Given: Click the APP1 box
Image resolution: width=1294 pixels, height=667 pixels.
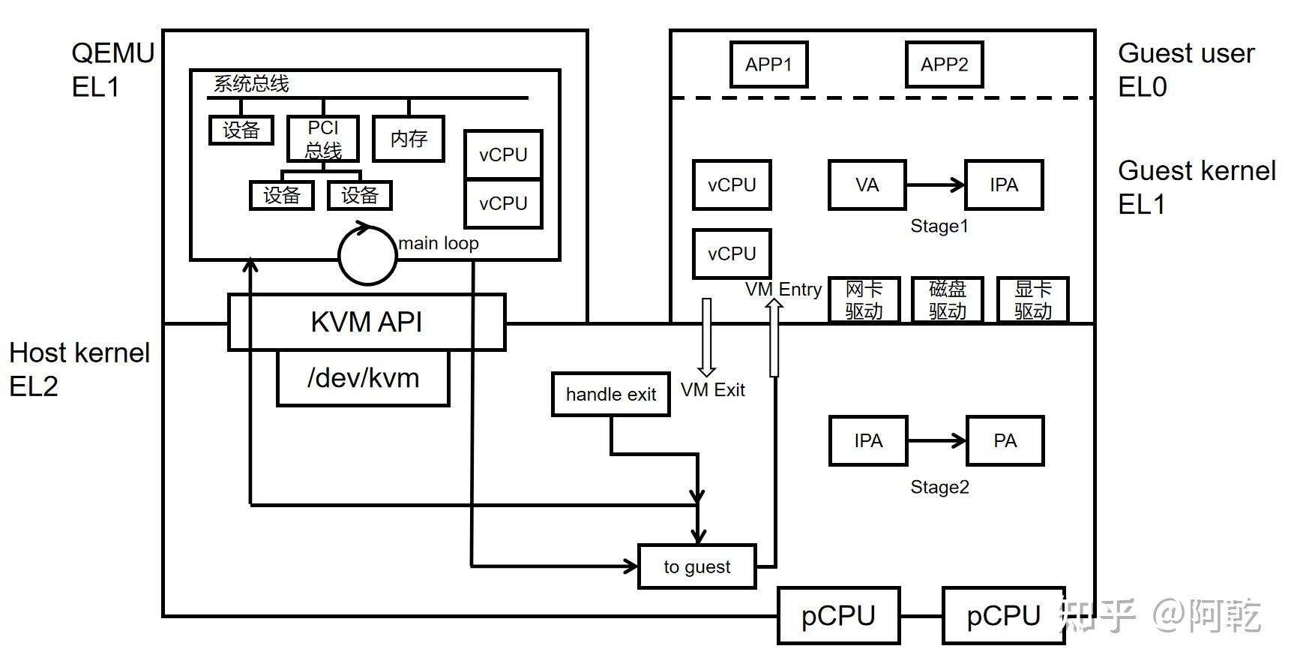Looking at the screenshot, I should [x=768, y=65].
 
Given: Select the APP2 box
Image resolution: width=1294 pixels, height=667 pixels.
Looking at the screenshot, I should [x=944, y=65].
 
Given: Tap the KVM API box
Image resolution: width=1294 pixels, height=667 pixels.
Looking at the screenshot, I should [x=366, y=322].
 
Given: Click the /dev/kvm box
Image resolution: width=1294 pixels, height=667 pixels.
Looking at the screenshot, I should [x=363, y=378].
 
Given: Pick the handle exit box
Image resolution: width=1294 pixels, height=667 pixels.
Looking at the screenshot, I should [x=610, y=394].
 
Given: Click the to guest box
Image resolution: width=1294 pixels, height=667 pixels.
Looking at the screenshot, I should [x=696, y=566].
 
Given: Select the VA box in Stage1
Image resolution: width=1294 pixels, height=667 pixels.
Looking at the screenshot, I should [x=867, y=185].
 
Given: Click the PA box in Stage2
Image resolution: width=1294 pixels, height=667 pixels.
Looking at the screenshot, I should [x=1005, y=440].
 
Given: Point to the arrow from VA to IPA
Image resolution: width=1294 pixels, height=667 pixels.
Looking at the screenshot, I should [x=935, y=185].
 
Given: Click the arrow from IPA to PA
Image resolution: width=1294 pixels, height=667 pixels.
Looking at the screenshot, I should [x=936, y=440].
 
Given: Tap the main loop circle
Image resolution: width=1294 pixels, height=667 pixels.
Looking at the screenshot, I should [x=367, y=255].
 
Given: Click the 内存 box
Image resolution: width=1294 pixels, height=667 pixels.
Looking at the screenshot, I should [x=409, y=138].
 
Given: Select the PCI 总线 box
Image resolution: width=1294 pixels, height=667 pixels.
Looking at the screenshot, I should [x=323, y=139].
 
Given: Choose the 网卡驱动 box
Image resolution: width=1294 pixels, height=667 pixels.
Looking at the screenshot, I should [x=864, y=299].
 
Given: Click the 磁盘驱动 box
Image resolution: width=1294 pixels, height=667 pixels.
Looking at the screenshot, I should [x=948, y=299].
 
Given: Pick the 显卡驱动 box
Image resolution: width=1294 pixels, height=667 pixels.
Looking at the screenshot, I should [x=1032, y=299].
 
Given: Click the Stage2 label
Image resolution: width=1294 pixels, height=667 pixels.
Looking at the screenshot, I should [x=939, y=487].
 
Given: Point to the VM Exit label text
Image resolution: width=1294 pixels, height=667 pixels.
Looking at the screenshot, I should [x=712, y=389].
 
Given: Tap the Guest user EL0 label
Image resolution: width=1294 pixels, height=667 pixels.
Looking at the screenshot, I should [x=1185, y=70].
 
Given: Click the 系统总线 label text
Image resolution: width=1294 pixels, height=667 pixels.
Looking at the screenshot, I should [x=251, y=83].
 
